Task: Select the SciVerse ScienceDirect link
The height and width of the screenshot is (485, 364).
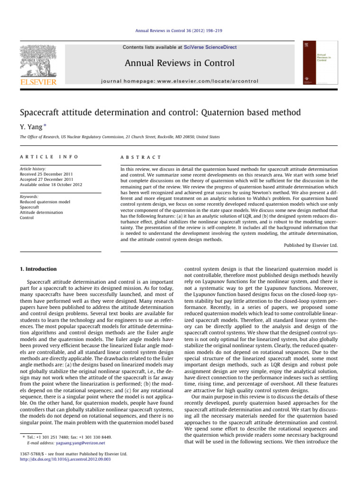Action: (x=211, y=47)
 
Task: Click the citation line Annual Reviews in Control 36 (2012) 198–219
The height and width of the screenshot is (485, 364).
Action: (x=182, y=31)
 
